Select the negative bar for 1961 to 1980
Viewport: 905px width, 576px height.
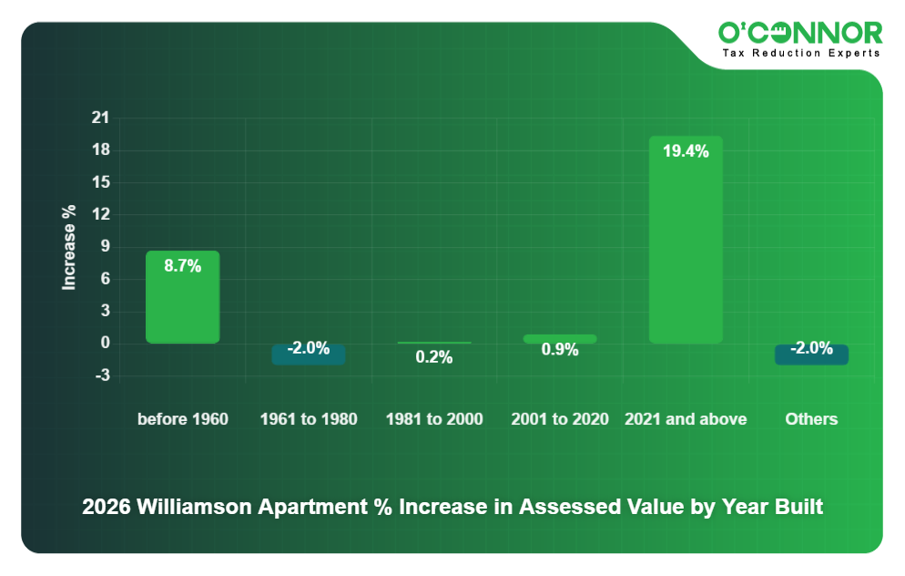pyautogui.click(x=309, y=355)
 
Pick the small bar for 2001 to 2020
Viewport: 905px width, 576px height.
pyautogui.click(x=560, y=339)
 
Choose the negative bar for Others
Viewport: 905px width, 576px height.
pyautogui.click(x=811, y=355)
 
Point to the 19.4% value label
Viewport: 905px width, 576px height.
pyautogui.click(x=686, y=151)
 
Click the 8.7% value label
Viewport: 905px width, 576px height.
pyautogui.click(x=182, y=266)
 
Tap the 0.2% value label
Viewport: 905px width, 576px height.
pyautogui.click(x=434, y=357)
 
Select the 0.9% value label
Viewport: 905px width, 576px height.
pyautogui.click(x=560, y=350)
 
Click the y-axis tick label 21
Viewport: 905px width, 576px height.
pyautogui.click(x=100, y=118)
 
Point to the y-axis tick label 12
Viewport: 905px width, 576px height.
pyautogui.click(x=100, y=215)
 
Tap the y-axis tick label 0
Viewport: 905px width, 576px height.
pyautogui.click(x=106, y=344)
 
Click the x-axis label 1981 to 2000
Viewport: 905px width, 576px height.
pyautogui.click(x=434, y=419)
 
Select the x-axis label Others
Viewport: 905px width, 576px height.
pyautogui.click(x=811, y=419)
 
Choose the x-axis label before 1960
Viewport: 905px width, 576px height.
pyautogui.click(x=182, y=419)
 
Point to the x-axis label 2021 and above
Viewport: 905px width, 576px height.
pyautogui.click(x=686, y=419)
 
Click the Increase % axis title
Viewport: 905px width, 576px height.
pyautogui.click(x=69, y=247)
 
